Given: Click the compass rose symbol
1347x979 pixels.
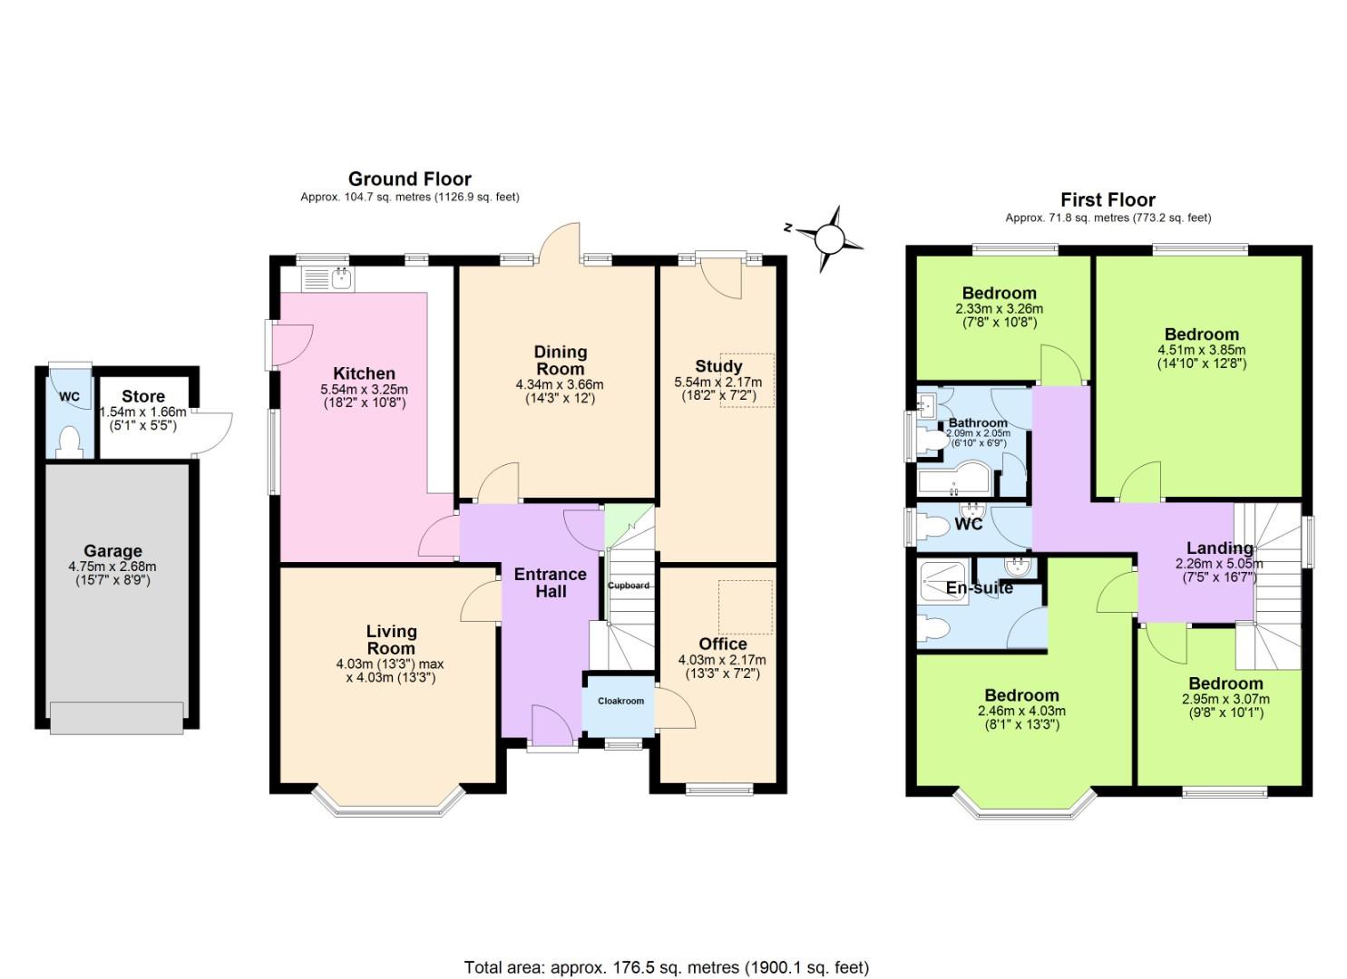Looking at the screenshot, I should coord(829,238).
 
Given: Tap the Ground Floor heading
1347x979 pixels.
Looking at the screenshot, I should coord(409,179).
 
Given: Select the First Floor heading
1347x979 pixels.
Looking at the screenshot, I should coord(1108,199).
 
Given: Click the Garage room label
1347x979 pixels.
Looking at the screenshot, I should coord(112,551).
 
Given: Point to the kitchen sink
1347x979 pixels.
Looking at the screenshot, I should coord(340,278).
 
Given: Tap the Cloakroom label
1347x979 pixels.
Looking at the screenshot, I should coord(620,701).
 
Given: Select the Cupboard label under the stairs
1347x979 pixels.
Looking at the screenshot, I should coord(629,586).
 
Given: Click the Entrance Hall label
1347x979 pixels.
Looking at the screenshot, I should coord(550,583).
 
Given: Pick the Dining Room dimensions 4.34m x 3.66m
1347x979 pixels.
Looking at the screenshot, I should coord(559,384).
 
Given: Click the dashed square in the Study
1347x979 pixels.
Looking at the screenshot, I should coord(747,380).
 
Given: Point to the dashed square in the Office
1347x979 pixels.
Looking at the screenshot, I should coord(745,607).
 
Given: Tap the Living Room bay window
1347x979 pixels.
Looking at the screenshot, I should coord(388,801).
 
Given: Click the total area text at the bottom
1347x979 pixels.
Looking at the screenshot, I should coord(666,967).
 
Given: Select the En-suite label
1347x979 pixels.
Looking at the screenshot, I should coord(979,587).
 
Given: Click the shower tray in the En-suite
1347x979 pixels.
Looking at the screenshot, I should coord(942,581).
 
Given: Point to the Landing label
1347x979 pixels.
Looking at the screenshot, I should coord(1220,548).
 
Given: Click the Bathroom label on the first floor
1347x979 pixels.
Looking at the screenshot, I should coord(978,423).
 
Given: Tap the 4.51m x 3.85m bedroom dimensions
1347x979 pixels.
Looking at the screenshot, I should coord(1201,350).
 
